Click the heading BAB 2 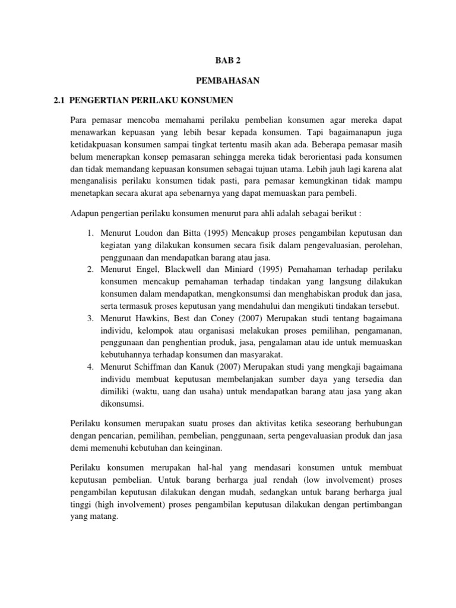(228, 60)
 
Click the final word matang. (106, 516)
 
